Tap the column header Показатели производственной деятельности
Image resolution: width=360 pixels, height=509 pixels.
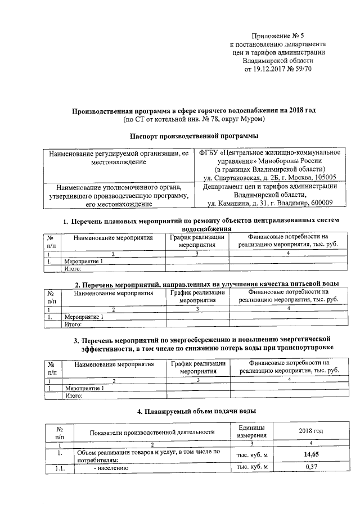[x=152, y=432]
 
